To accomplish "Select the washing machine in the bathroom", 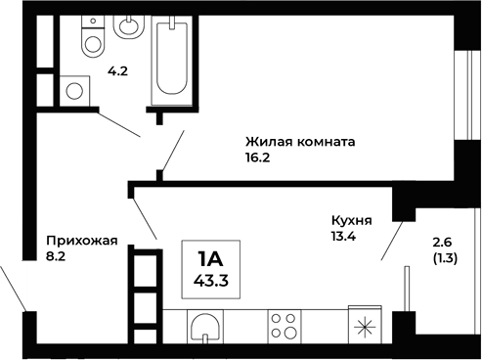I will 75,90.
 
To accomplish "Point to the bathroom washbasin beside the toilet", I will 128,25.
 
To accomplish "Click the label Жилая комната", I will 299,141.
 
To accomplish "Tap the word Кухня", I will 352,220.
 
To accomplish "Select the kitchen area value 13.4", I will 345,236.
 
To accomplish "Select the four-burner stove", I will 285,325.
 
